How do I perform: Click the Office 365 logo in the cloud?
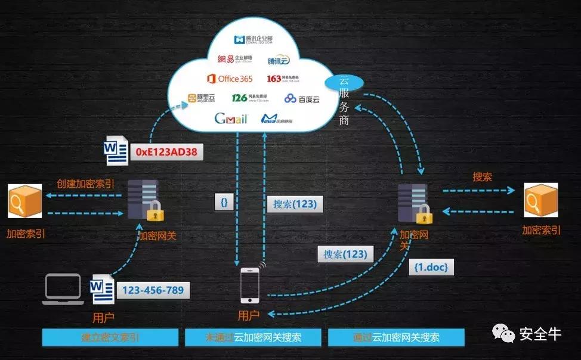[x=230, y=78]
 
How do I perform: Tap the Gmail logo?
[x=231, y=118]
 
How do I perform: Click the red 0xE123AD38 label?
[x=166, y=153]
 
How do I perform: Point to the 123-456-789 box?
[x=153, y=290]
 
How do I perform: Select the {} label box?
[x=224, y=203]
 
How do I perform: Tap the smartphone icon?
[x=250, y=285]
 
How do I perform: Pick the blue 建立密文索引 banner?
[x=110, y=337]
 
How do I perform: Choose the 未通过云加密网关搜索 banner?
[x=253, y=337]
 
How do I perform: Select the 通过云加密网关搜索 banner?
[x=396, y=337]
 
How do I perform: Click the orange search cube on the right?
[x=540, y=200]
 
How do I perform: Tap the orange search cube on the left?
[x=25, y=201]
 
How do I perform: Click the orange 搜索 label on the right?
[x=482, y=177]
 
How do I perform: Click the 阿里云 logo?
[x=200, y=98]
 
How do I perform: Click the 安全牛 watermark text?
[x=540, y=334]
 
